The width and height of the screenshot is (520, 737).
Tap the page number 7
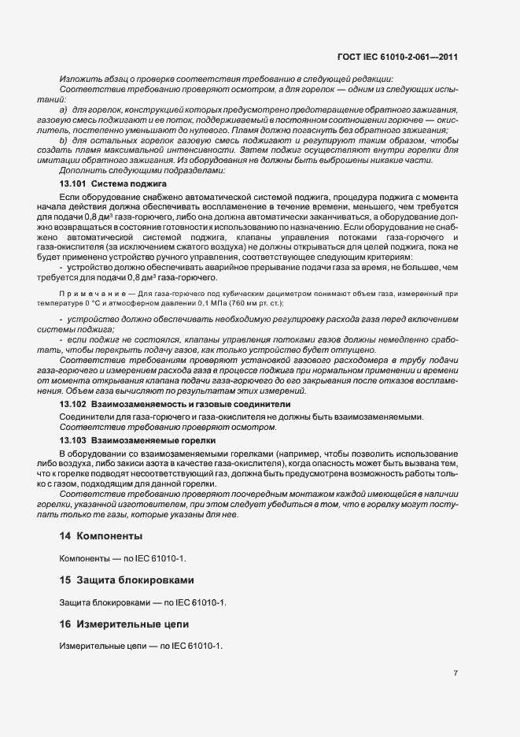[456, 672]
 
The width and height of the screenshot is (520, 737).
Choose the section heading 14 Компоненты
[101, 535]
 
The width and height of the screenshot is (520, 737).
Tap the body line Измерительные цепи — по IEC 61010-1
[141, 646]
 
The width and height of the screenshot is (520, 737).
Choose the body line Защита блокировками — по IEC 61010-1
[143, 602]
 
